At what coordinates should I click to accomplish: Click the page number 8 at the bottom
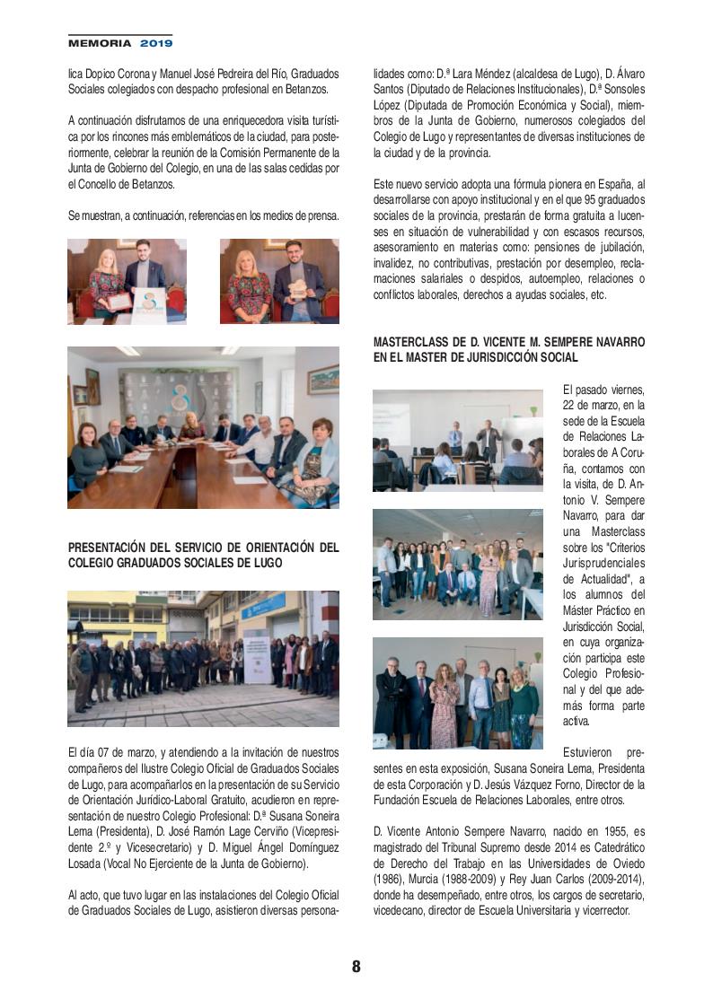click(x=356, y=967)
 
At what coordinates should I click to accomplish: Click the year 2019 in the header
click(x=155, y=42)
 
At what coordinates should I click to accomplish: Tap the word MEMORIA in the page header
click(x=100, y=42)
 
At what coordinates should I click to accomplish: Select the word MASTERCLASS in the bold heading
click(x=417, y=343)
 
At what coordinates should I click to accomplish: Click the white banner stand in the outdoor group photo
click(x=258, y=656)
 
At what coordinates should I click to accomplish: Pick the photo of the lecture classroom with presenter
click(x=457, y=440)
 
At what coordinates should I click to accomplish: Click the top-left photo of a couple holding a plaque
click(x=127, y=281)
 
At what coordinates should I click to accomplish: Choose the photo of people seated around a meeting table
click(x=203, y=427)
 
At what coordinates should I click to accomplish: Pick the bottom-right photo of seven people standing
click(x=457, y=694)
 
